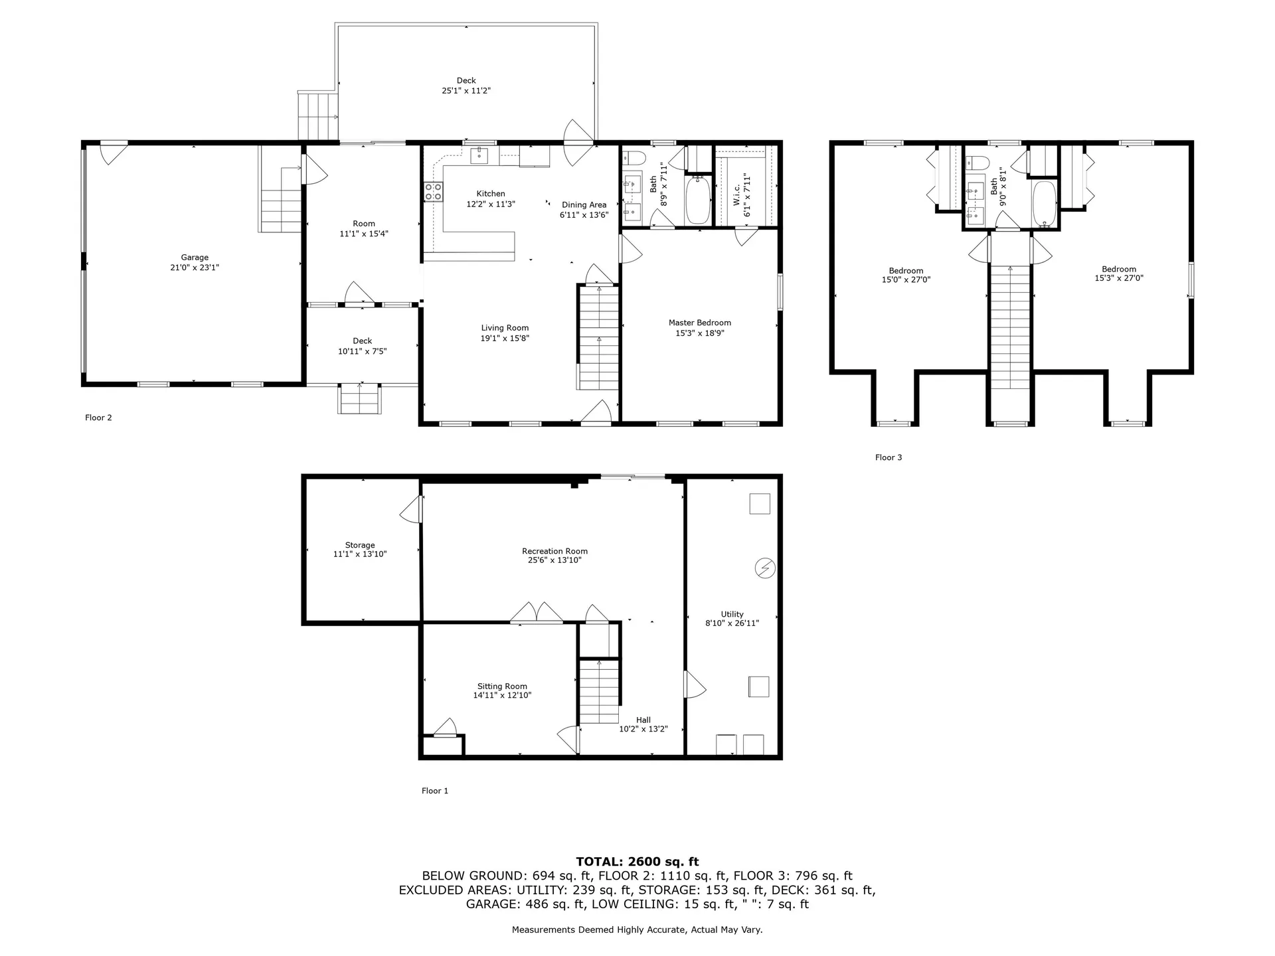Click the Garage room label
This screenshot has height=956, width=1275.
pyautogui.click(x=195, y=258)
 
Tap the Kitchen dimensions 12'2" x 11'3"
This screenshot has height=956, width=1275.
pyautogui.click(x=491, y=204)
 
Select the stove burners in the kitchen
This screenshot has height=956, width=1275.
pyautogui.click(x=433, y=193)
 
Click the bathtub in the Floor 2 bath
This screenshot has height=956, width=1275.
pyautogui.click(x=697, y=200)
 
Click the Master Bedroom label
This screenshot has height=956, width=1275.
pyautogui.click(x=699, y=323)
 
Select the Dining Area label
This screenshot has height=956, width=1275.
pyautogui.click(x=584, y=205)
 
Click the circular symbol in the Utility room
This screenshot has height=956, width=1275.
pyautogui.click(x=765, y=568)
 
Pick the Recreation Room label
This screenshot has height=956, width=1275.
pyautogui.click(x=554, y=551)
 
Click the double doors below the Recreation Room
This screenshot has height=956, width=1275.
pyautogui.click(x=537, y=612)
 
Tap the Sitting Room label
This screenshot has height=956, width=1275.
pyautogui.click(x=502, y=686)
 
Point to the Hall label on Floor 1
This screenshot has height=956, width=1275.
pyautogui.click(x=643, y=720)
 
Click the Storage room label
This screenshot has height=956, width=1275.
pyautogui.click(x=359, y=545)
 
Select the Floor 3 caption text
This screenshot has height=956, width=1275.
pyautogui.click(x=888, y=457)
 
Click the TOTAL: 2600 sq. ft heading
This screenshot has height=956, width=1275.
pyautogui.click(x=637, y=862)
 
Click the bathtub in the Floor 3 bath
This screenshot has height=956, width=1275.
pyautogui.click(x=1044, y=204)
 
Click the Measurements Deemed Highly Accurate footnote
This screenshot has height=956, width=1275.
pyautogui.click(x=637, y=930)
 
